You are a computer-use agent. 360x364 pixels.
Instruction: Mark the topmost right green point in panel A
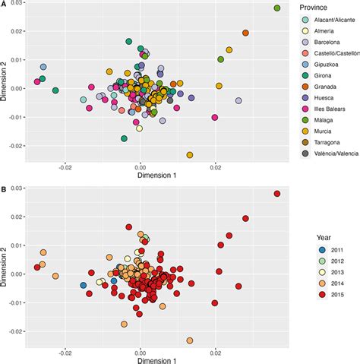click(x=276, y=8)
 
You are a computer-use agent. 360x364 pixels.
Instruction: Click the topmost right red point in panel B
click(x=276, y=194)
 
